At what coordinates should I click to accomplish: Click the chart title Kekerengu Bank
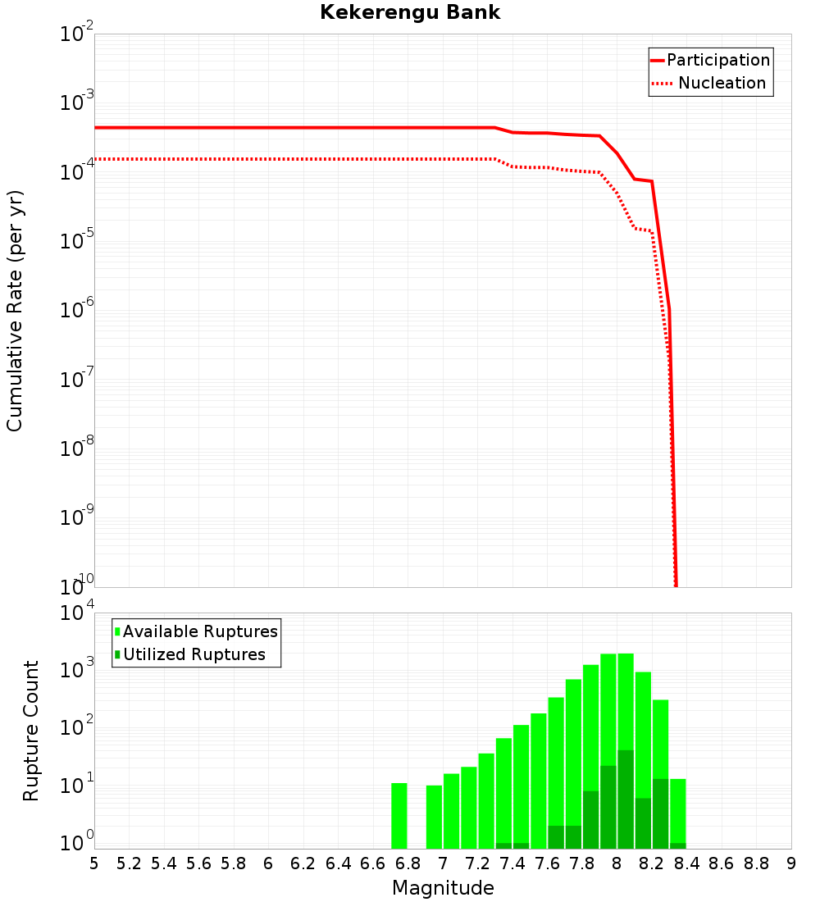point(409,12)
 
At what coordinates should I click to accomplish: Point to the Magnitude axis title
point(443,888)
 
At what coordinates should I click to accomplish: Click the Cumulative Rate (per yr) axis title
point(15,311)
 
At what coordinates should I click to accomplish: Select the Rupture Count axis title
point(31,731)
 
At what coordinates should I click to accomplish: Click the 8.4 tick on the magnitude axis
point(687,863)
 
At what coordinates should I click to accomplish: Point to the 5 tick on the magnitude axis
point(94,863)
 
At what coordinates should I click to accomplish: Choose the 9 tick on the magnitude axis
point(791,863)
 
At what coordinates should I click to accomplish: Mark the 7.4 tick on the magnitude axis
point(512,863)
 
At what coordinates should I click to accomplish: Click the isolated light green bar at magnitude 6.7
point(399,816)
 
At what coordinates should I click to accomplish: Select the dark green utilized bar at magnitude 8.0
point(626,799)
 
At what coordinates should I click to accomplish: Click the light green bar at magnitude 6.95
point(434,817)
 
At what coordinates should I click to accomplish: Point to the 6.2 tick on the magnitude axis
point(303,863)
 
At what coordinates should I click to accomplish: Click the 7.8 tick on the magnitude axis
point(582,863)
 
